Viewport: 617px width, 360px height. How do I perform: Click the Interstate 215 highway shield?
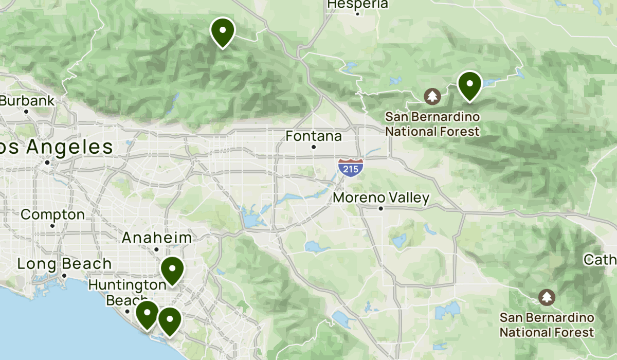[x=351, y=168]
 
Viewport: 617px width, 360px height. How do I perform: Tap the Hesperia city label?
[x=357, y=4]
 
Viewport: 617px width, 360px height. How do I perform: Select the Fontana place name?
[x=314, y=136]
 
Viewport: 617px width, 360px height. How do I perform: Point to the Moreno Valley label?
[x=381, y=199]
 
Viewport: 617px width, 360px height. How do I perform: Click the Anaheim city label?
[x=157, y=238]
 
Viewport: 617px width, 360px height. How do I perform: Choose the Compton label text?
[x=52, y=214]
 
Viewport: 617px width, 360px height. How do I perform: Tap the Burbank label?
[x=27, y=101]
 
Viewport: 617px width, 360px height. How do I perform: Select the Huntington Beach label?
[x=127, y=292]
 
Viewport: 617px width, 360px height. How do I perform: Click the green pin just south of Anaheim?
[x=172, y=270]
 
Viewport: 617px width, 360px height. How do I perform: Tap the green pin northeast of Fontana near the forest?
[x=469, y=85]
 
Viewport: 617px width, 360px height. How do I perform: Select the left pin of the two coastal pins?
[x=147, y=314]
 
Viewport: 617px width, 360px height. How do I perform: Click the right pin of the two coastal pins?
[x=169, y=320]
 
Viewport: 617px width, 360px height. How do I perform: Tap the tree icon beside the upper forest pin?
[x=432, y=96]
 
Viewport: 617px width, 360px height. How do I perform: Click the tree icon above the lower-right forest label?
[x=547, y=297]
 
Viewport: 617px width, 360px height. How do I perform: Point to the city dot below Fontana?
[x=314, y=147]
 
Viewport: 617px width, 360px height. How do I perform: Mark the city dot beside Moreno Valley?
[x=381, y=208]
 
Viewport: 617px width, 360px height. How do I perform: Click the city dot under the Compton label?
[x=52, y=225]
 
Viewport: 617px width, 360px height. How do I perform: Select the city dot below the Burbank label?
[x=27, y=111]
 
